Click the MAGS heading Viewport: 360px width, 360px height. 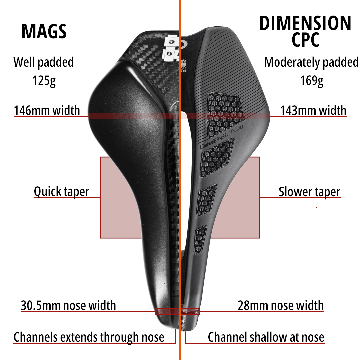(x=44, y=32)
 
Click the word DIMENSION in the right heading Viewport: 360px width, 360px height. (x=305, y=23)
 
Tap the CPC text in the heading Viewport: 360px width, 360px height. (x=305, y=40)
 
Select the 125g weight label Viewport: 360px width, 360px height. (x=44, y=81)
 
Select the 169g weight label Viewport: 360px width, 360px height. (x=311, y=81)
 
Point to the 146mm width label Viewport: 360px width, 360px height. (x=47, y=110)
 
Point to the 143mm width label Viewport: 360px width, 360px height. (x=313, y=110)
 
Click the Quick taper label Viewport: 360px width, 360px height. (x=61, y=192)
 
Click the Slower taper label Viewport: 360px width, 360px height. (x=309, y=192)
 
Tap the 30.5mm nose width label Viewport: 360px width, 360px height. (x=68, y=305)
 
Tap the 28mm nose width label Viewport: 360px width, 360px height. (x=280, y=305)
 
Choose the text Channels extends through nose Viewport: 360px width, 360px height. (x=89, y=337)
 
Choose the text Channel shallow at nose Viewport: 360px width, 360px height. (x=266, y=337)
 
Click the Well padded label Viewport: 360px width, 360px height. (x=43, y=62)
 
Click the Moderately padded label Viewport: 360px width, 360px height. (x=311, y=62)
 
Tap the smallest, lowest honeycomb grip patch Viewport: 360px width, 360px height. (x=201, y=239)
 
